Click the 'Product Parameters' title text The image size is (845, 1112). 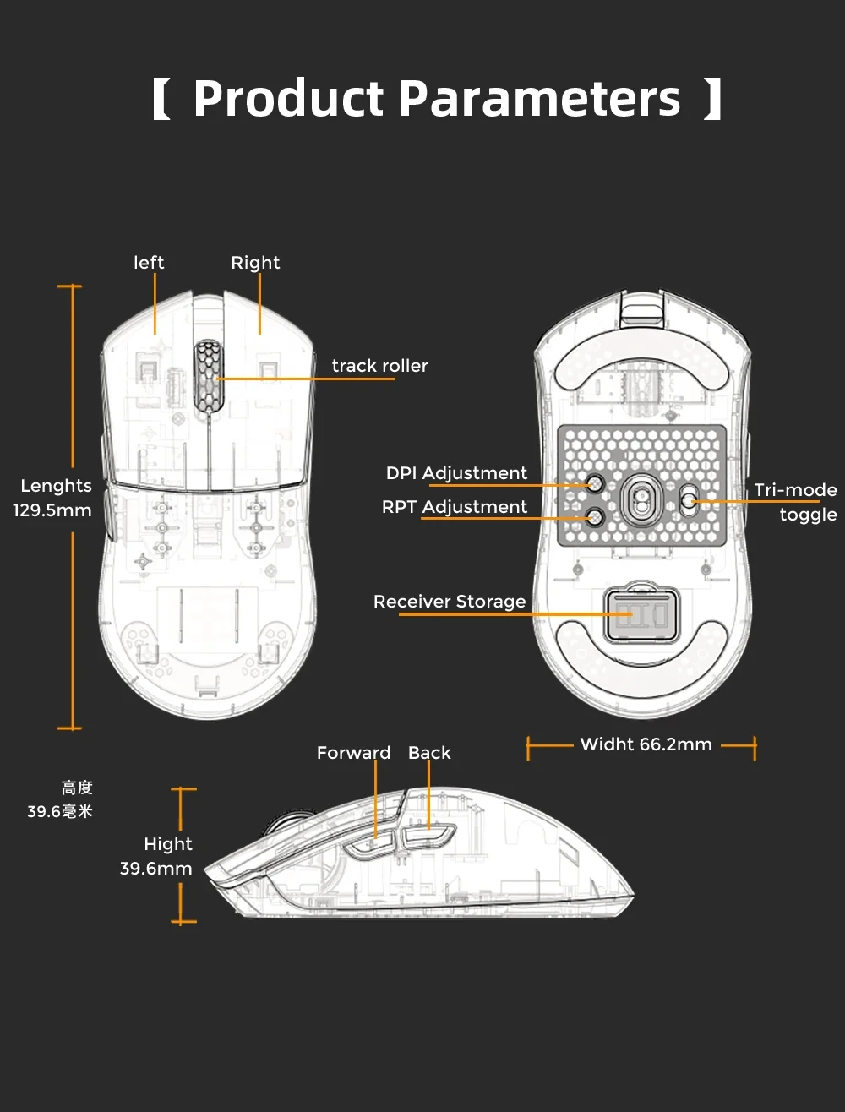[436, 99]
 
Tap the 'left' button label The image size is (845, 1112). [149, 263]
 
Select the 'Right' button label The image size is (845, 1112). [255, 263]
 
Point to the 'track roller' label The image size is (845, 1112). [379, 366]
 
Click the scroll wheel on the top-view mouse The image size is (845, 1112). [207, 377]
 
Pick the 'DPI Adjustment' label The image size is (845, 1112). [456, 473]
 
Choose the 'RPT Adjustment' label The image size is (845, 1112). [455, 507]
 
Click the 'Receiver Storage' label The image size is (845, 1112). [450, 602]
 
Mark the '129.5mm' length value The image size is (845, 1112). [52, 510]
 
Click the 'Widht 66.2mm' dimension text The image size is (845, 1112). [646, 744]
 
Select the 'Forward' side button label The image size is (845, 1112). [353, 753]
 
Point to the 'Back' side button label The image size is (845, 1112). [429, 753]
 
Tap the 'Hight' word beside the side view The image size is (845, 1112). [168, 844]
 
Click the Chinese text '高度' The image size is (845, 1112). [77, 788]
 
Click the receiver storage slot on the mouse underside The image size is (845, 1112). [638, 613]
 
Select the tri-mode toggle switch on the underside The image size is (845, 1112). [689, 500]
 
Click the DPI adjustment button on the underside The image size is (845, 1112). [595, 483]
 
